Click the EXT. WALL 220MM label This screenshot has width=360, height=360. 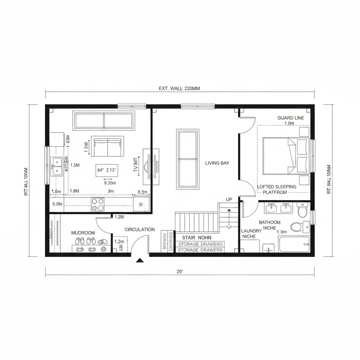coord(179,89)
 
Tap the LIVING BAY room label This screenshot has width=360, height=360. coord(217,163)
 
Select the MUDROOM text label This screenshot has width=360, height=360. coord(83,233)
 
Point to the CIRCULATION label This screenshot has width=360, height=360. coord(140,230)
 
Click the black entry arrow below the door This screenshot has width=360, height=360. coord(140,261)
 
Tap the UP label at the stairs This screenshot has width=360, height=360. coord(229,200)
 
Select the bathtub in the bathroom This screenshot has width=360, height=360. coord(294,244)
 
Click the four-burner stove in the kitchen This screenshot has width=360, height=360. coord(98,205)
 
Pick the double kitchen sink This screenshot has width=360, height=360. coord(56,166)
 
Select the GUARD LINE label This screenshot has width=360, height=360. coord(291,118)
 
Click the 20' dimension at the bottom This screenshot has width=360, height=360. coord(180,271)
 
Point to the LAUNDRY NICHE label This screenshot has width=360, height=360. coord(251,234)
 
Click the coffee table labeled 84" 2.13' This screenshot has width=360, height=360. coord(107,171)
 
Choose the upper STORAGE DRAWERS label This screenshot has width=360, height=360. coord(200,244)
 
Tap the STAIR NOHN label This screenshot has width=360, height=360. coord(197,238)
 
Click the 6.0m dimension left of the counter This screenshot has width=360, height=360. coord(57,204)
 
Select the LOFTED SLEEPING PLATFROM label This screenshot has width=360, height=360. coord(277,189)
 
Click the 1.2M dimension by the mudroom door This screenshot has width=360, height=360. coord(119,217)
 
